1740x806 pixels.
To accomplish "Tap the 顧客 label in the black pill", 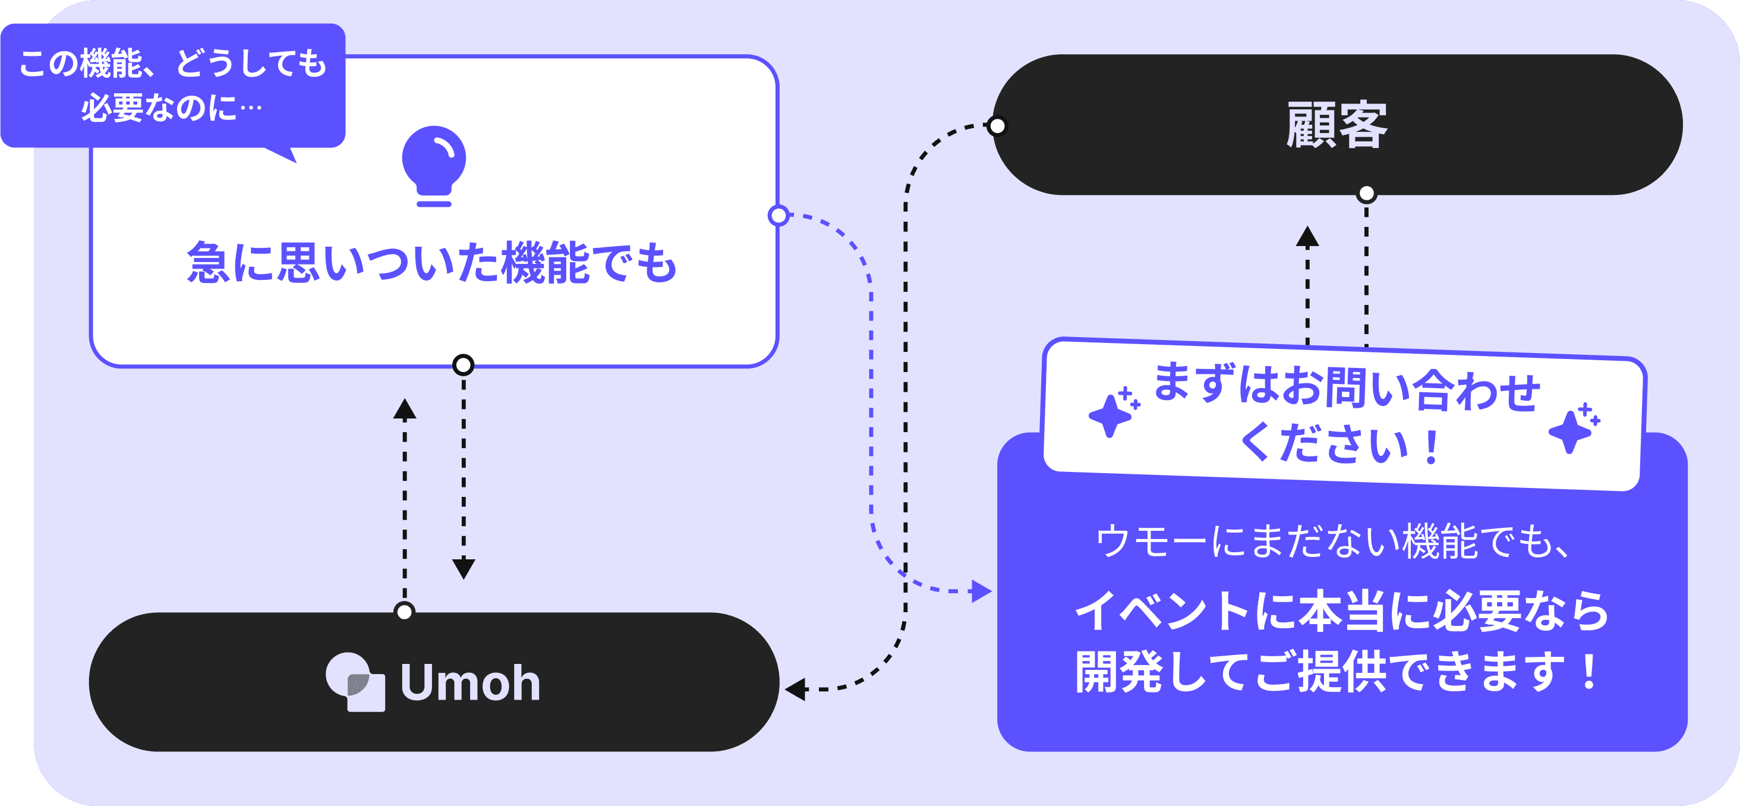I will click(1336, 125).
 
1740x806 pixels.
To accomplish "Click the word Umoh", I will click(471, 682).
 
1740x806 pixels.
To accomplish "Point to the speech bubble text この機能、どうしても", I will click(173, 64).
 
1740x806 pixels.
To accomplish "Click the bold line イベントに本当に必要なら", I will click(1341, 611).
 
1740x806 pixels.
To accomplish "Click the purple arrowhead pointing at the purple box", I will click(981, 591).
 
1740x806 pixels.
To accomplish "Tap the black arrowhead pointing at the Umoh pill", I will click(795, 689).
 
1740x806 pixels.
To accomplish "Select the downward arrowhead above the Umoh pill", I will click(464, 568).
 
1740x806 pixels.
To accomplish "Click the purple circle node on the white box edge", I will click(779, 216).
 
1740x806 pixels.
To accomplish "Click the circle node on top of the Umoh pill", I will click(404, 612).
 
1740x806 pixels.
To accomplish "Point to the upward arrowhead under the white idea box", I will click(405, 409).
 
